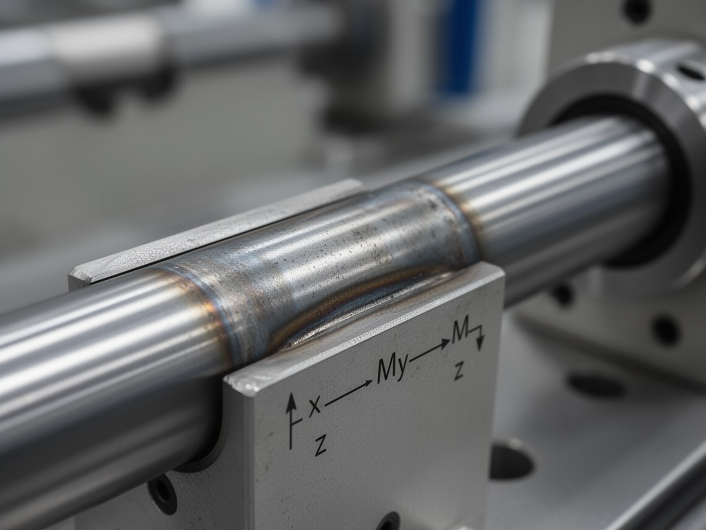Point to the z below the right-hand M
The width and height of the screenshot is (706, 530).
tap(459, 372)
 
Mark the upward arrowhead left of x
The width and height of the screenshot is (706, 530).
tap(291, 402)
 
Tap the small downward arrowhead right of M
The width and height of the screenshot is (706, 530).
tap(479, 344)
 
